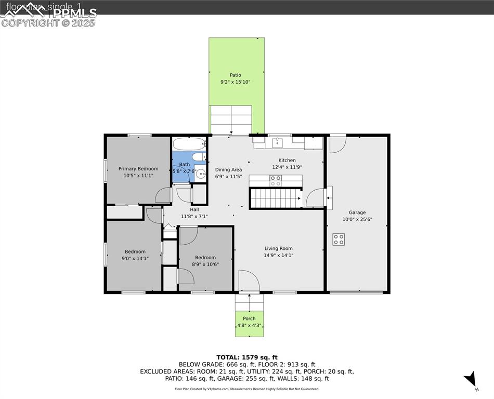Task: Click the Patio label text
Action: (x=236, y=75)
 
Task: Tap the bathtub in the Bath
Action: (x=190, y=144)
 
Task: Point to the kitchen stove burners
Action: (x=276, y=180)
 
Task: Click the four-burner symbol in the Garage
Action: (x=339, y=239)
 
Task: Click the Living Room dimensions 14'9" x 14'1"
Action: (x=279, y=255)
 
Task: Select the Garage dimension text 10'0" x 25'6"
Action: (x=357, y=219)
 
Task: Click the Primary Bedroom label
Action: (x=138, y=168)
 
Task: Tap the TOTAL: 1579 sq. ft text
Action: (x=247, y=357)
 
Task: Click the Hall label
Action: (x=194, y=209)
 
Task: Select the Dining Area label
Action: (x=229, y=169)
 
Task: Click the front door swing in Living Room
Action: (x=248, y=281)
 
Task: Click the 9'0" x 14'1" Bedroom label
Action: (x=135, y=251)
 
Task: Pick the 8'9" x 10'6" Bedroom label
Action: (x=205, y=258)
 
